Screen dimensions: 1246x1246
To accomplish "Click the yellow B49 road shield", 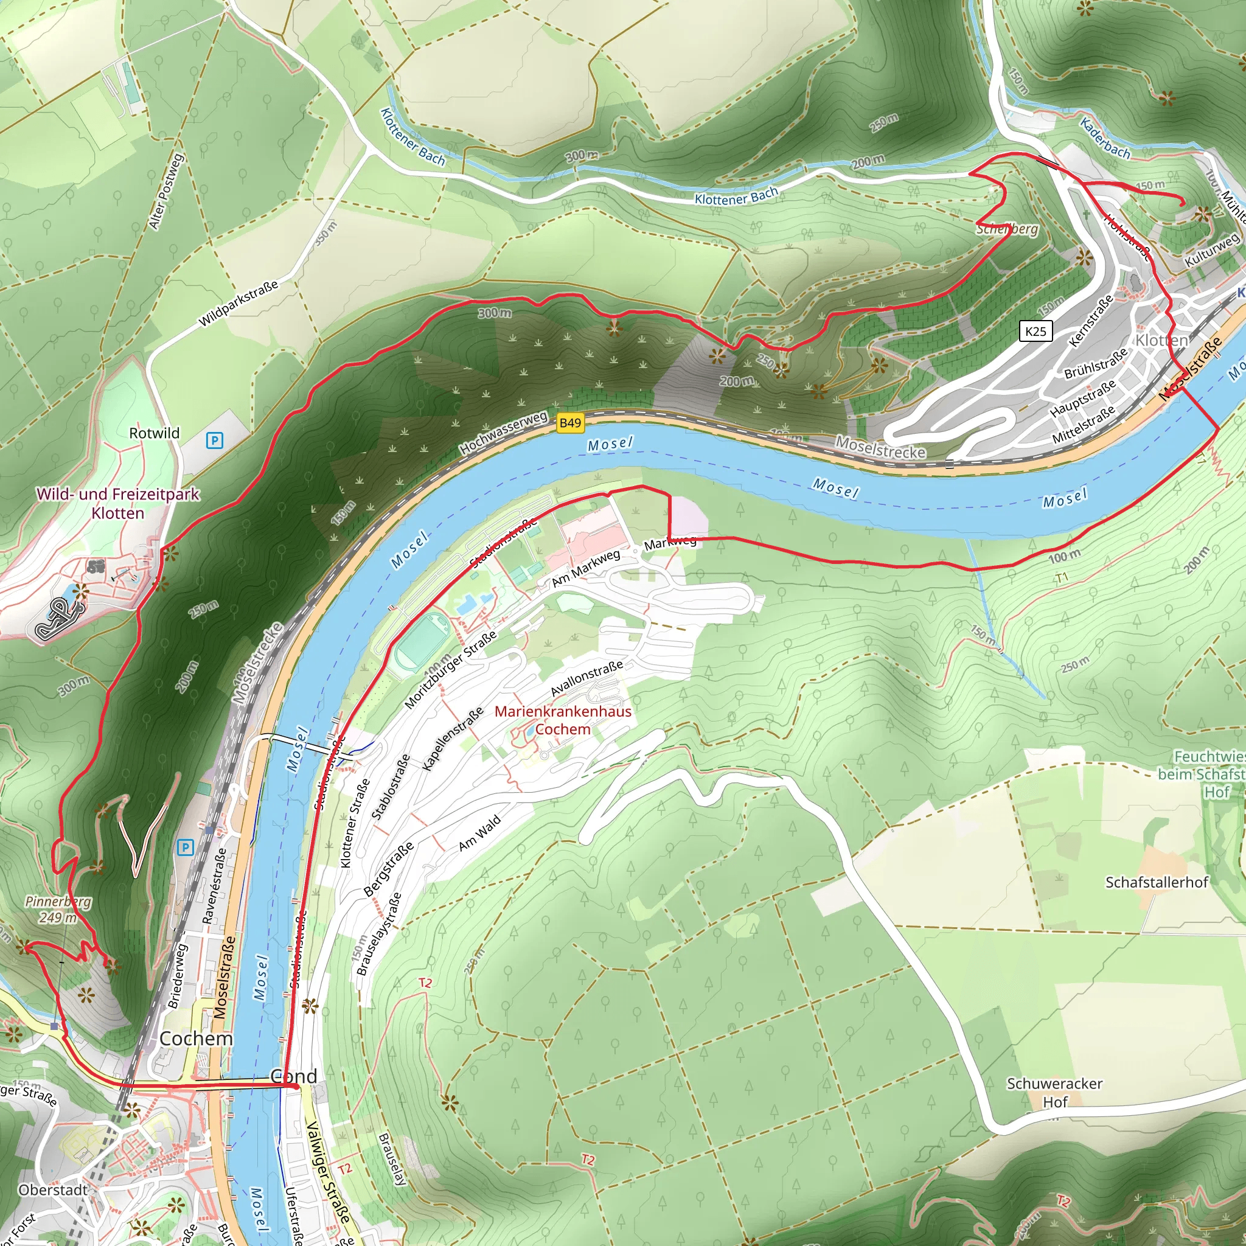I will tap(570, 423).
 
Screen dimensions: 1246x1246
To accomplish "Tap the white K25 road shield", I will tap(1035, 331).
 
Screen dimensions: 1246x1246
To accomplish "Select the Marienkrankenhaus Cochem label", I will tap(562, 720).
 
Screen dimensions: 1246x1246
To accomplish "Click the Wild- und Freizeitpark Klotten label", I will tap(118, 503).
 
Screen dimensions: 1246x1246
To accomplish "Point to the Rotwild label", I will tap(154, 433).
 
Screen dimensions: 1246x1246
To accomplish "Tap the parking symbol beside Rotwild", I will tap(214, 440).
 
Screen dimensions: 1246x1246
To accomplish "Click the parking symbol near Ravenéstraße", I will tap(185, 847).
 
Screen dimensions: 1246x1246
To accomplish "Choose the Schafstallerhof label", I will tap(1157, 882).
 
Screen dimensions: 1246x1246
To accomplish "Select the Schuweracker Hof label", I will tap(1054, 1093).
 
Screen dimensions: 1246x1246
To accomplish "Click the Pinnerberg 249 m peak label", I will tap(58, 910).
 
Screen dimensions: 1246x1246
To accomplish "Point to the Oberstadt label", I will tap(53, 1190).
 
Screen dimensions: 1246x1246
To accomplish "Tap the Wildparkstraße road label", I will tap(238, 303).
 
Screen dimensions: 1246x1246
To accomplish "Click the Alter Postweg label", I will tap(166, 192).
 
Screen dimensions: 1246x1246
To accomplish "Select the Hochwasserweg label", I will tap(503, 431).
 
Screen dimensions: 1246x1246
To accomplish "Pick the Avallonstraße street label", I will tap(586, 678).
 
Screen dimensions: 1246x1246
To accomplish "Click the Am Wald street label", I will tap(479, 834).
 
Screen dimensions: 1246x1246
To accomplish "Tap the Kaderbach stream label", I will tap(1105, 139).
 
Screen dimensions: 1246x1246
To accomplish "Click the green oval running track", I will tap(422, 642).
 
